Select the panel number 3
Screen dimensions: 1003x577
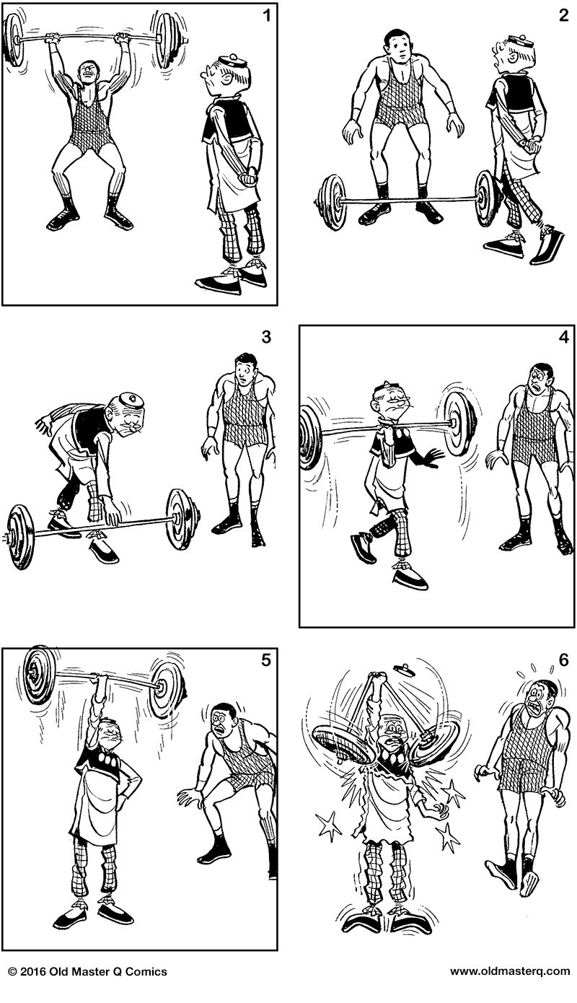(x=266, y=336)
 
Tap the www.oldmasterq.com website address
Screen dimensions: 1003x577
(x=510, y=971)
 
